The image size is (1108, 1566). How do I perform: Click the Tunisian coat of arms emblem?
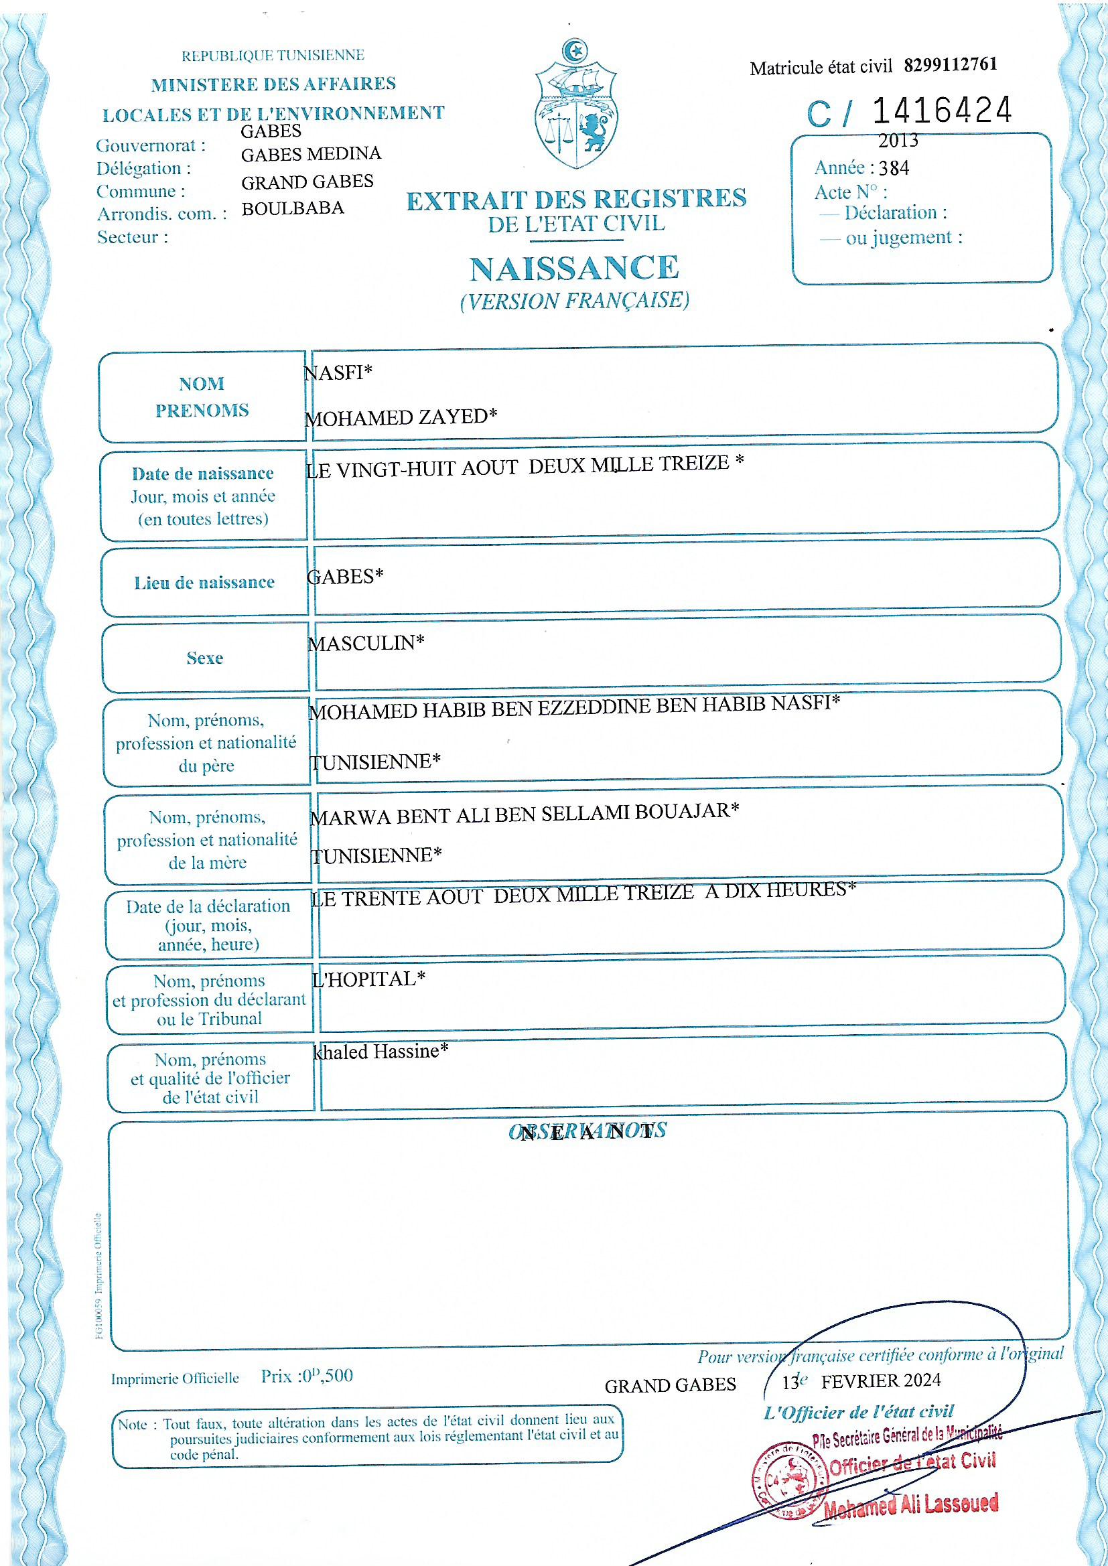tap(577, 106)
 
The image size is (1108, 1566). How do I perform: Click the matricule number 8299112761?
tap(951, 65)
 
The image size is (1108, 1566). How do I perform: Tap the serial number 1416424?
tap(941, 111)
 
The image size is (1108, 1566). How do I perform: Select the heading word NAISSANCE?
tap(575, 269)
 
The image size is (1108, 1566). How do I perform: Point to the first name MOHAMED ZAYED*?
tap(401, 417)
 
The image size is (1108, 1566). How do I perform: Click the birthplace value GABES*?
tap(345, 577)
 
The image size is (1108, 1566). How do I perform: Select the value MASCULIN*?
tap(366, 643)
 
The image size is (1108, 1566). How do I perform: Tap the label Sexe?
tap(205, 658)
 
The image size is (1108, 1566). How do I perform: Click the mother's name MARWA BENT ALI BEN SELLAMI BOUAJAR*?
tap(524, 814)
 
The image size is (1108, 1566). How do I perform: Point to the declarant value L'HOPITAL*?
tap(368, 979)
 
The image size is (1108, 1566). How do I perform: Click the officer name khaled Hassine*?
tap(380, 1052)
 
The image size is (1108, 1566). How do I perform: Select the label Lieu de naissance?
tap(204, 583)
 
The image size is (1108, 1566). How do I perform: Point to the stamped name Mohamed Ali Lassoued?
tap(911, 1504)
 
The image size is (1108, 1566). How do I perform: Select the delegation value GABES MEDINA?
tap(311, 154)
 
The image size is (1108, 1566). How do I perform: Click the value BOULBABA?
tap(293, 209)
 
